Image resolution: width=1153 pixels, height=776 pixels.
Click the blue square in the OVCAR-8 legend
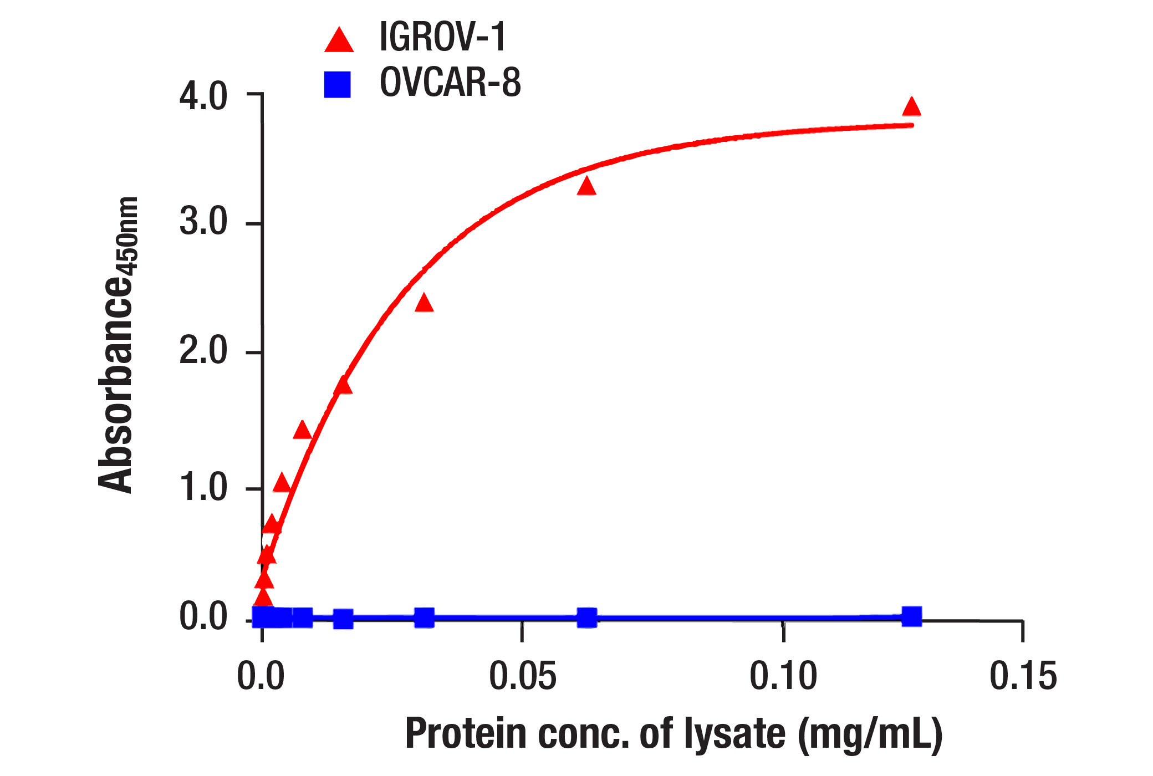pos(337,85)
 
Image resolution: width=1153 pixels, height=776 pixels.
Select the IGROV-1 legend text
pos(442,38)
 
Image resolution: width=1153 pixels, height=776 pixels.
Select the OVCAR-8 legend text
pos(450,83)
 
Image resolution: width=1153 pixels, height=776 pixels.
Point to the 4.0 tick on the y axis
pos(254,94)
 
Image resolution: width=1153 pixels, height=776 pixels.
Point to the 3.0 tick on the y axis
pos(254,223)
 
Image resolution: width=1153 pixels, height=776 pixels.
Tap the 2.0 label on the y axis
pos(203,351)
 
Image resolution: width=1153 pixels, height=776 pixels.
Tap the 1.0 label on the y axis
pos(203,488)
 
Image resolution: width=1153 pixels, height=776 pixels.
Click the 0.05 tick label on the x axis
pos(522,676)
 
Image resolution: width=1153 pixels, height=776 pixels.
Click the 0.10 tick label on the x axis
pos(783,676)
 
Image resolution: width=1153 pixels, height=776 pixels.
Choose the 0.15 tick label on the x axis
pos(1023,676)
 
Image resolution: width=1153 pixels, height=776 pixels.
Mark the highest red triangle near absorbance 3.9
pos(911,107)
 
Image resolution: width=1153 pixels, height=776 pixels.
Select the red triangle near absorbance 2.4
pos(424,304)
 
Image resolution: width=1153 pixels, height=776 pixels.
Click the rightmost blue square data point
pos(911,616)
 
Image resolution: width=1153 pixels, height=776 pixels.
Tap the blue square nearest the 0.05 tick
pos(586,617)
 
